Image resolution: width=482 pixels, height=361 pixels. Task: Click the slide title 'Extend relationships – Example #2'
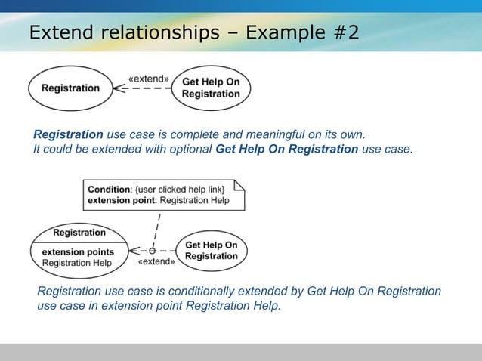coord(194,33)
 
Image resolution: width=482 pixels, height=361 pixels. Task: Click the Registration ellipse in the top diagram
coord(70,88)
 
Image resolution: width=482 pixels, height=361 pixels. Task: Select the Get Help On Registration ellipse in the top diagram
coord(211,88)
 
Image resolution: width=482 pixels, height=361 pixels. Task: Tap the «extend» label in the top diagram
coord(149,78)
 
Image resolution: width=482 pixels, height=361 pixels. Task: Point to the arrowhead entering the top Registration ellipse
coord(117,88)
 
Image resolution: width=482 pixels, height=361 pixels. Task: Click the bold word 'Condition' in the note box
coord(109,190)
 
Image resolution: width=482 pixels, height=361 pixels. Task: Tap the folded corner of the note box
coord(239,185)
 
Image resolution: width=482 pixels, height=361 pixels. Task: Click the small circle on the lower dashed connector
coord(152,250)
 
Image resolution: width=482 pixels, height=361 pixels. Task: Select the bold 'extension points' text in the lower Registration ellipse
coord(78,251)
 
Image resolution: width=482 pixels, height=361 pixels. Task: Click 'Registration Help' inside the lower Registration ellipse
coord(76,263)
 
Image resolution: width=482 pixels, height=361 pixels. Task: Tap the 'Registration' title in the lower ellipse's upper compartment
coord(79,233)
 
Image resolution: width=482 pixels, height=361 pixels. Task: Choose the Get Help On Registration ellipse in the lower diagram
coord(211,251)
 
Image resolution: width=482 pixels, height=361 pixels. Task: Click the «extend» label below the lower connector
coord(156,262)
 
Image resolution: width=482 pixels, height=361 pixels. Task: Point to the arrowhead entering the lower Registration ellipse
coord(134,250)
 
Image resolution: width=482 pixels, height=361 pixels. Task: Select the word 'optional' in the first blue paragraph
coord(190,149)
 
